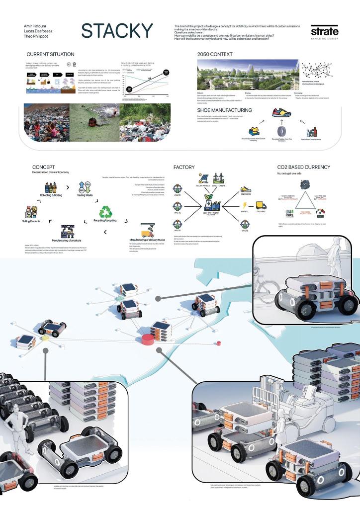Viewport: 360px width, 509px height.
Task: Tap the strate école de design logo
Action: coord(325,31)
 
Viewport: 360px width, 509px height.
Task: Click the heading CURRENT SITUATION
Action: coord(51,54)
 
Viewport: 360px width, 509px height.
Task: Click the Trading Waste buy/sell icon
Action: coord(84,188)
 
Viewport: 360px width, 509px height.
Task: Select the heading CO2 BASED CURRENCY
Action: coord(303,168)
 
